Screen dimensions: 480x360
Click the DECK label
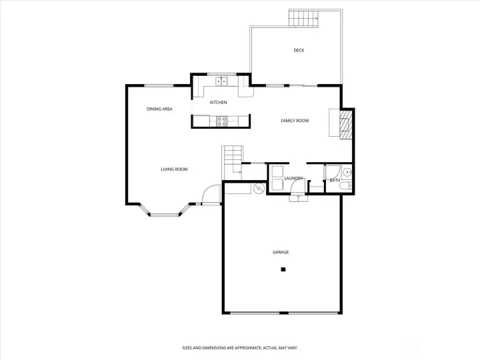pos(299,50)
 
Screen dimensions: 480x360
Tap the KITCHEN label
pos(218,102)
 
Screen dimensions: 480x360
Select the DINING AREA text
pos(159,109)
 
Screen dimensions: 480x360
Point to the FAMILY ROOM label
pos(295,121)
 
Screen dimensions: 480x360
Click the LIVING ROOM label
pos(174,169)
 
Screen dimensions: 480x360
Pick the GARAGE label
pos(281,252)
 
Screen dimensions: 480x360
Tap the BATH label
pos(335,180)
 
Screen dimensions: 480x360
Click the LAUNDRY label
pos(293,178)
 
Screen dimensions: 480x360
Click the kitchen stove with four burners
pos(222,121)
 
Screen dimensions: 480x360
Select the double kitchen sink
pos(221,81)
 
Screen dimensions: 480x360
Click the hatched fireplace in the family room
pos(345,125)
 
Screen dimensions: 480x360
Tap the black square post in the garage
pos(283,269)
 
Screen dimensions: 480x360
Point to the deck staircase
pos(304,19)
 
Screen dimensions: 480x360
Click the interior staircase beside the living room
pos(233,163)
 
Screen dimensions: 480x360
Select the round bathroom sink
pos(347,173)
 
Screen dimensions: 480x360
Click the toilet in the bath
pos(346,186)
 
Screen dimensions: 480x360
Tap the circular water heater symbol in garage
pos(259,188)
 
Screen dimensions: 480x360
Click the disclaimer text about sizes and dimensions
pos(240,348)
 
